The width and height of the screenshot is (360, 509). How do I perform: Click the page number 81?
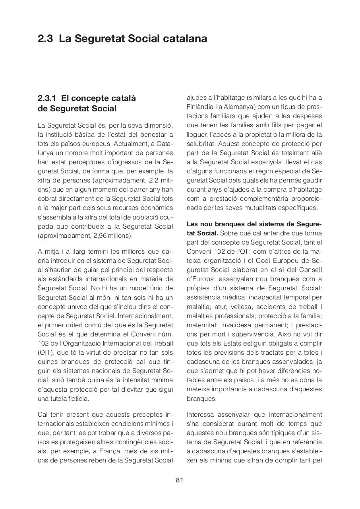click(x=180, y=480)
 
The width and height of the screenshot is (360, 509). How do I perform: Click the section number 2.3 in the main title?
click(x=46, y=39)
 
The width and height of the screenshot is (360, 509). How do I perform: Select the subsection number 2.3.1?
click(x=48, y=98)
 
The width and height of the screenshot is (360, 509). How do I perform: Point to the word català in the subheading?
click(x=121, y=98)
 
